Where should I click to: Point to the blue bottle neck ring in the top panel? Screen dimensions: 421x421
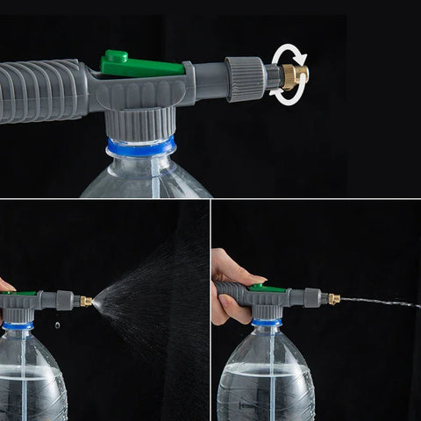tap(141, 146)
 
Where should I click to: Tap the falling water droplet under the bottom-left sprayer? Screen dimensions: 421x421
tap(58, 324)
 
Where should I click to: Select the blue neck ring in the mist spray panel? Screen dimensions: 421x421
tap(18, 325)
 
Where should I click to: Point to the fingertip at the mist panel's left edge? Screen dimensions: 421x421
tap(4, 285)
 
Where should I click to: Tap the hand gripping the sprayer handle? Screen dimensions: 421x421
tap(230, 289)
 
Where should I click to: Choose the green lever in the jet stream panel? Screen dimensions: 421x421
tap(266, 288)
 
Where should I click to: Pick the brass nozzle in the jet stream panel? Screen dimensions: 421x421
tap(333, 299)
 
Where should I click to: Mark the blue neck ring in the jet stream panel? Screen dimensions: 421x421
tap(267, 323)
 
